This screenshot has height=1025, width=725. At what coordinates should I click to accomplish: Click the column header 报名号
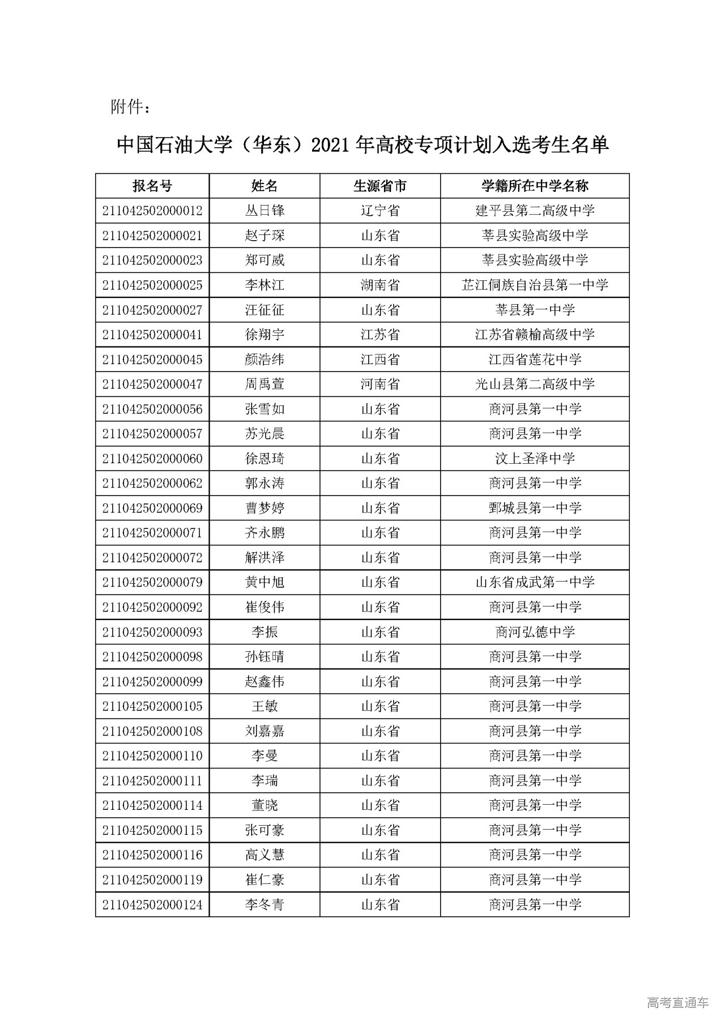pos(152,186)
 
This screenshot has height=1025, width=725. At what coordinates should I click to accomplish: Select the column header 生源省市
pos(380,186)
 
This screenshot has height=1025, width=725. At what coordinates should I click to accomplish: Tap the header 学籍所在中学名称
pos(535,186)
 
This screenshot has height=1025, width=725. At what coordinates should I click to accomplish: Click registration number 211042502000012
pos(152,211)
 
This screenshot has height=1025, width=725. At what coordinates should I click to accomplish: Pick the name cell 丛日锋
pos(265,211)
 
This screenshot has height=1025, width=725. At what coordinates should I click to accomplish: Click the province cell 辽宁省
pos(380,211)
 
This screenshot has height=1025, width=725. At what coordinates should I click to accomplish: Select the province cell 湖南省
pos(380,285)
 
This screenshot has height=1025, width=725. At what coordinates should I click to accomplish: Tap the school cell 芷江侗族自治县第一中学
pos(535,285)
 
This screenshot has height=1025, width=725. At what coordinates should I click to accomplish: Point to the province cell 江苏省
pos(380,335)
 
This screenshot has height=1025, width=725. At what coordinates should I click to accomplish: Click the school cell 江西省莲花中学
pos(535,360)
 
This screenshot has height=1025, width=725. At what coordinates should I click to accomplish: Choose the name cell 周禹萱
pos(265,384)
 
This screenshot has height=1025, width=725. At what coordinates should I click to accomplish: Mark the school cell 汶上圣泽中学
pos(535,459)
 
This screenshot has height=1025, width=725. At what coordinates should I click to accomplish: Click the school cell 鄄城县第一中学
pos(535,508)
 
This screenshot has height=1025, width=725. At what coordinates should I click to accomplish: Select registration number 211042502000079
pos(152,582)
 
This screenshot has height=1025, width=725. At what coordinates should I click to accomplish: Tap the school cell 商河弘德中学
pos(535,632)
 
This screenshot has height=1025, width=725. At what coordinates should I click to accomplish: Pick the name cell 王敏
pos(265,706)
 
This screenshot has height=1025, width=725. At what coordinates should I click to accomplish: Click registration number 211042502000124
pos(152,904)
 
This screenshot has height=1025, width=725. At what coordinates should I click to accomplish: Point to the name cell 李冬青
pos(265,904)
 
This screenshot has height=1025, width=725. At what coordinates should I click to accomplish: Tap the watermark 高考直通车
pos(677,1002)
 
